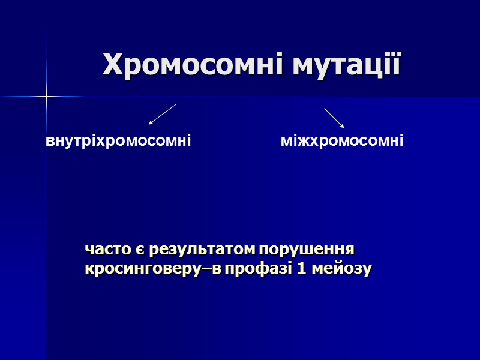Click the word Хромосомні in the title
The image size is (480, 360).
coord(194,64)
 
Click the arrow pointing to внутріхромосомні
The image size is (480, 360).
coord(163,114)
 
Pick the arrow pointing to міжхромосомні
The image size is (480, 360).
coord(334,118)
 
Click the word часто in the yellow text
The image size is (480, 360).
coord(104,249)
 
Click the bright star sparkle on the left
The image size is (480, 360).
coord(46,96)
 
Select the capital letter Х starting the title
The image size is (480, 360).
coord(112,64)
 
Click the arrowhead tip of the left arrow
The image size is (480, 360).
coord(149,124)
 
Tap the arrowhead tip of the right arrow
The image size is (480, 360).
coord(344,128)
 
